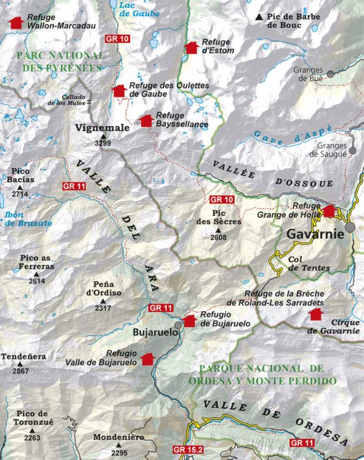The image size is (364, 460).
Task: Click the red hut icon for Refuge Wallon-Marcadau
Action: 16,22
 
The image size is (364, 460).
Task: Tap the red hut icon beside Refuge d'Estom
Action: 189,47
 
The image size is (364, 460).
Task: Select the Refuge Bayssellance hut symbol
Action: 146,120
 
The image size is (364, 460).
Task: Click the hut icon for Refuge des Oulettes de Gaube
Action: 119,90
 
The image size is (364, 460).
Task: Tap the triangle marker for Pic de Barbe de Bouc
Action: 260,18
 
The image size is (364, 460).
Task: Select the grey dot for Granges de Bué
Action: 331,74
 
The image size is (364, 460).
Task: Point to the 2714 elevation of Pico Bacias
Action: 20,194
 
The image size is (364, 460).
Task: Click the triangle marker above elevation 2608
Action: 218,229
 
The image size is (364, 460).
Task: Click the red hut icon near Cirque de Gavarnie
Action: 314,314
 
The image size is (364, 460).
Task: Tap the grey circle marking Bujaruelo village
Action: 178,325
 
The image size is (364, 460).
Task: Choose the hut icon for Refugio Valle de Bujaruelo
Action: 147,358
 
